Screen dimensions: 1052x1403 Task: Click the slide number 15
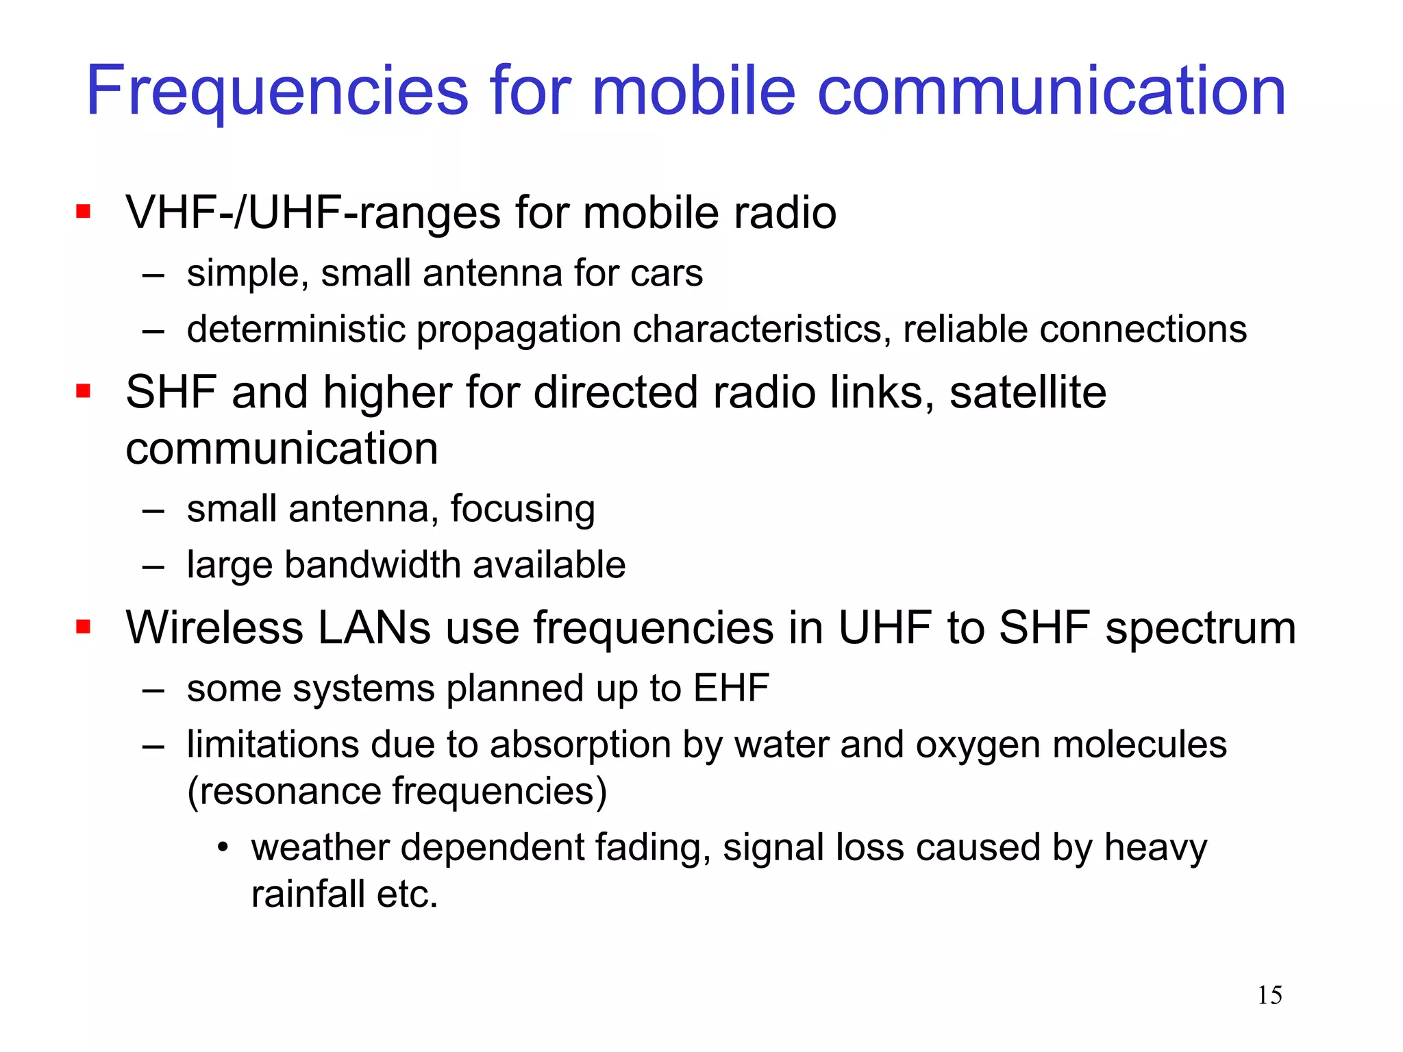click(1269, 995)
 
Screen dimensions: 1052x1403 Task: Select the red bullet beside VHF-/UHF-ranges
click(84, 211)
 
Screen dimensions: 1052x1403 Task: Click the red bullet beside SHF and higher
click(84, 391)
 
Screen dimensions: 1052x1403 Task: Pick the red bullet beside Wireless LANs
click(84, 627)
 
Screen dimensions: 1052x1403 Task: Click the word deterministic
click(296, 329)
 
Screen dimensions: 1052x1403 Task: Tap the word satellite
click(1028, 392)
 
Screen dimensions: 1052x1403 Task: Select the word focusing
click(523, 510)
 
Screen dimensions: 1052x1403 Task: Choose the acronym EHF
click(731, 688)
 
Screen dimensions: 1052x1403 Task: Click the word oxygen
click(978, 746)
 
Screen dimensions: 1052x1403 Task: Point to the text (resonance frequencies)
click(397, 792)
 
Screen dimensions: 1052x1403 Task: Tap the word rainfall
click(308, 894)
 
